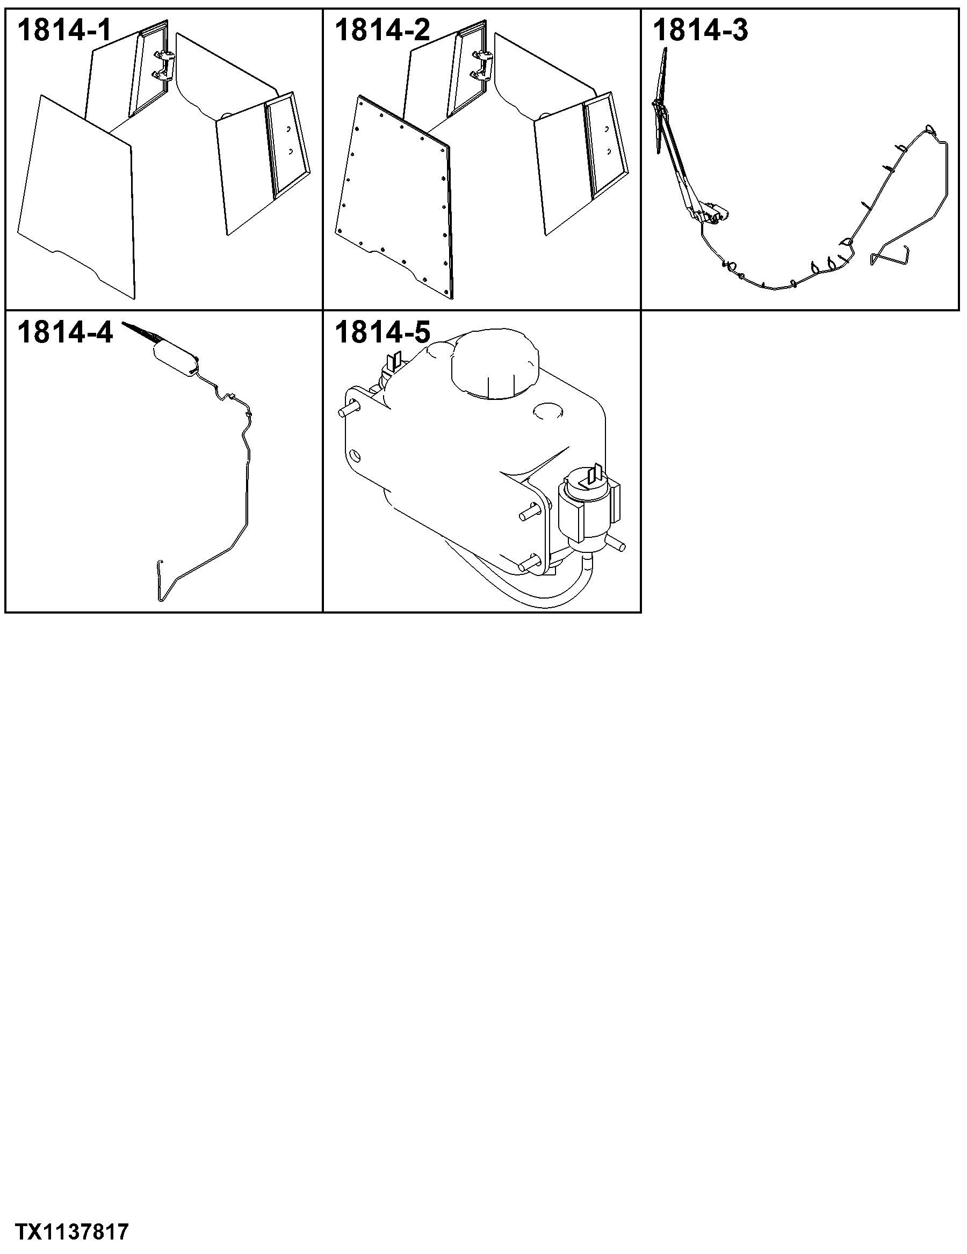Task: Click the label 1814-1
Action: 64,31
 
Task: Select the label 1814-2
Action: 382,31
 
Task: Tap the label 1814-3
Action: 701,31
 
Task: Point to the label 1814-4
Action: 65,332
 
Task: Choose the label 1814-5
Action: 382,332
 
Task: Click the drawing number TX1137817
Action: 72,1232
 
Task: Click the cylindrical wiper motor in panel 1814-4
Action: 175,358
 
